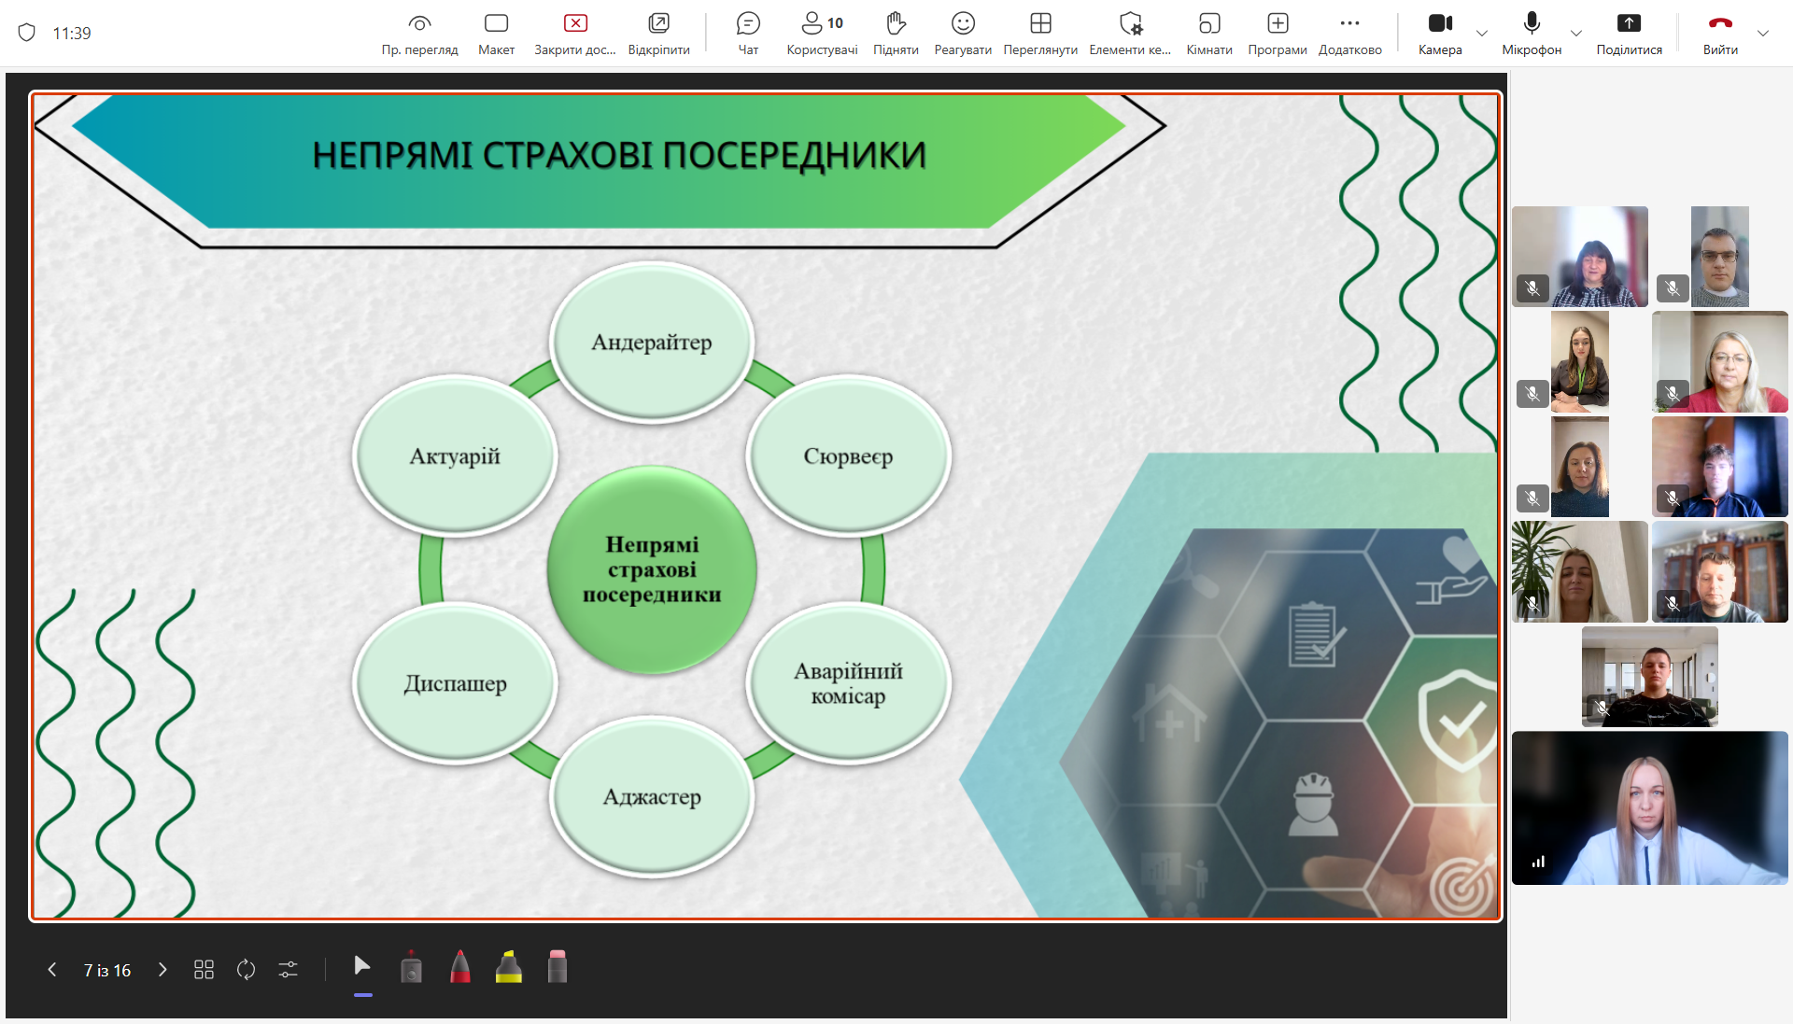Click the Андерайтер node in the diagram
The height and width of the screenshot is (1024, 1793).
point(652,343)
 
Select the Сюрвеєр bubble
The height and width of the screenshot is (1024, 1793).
point(848,456)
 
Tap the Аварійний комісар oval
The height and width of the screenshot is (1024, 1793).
point(848,683)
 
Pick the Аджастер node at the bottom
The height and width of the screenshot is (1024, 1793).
point(652,797)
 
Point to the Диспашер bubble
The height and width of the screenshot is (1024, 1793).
point(455,683)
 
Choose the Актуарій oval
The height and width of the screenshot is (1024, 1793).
point(455,456)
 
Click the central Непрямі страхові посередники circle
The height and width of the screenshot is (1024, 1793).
point(652,569)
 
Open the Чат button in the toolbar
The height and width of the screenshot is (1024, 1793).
point(748,23)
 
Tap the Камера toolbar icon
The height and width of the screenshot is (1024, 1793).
point(1440,23)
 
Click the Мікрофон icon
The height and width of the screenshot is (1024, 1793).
point(1532,23)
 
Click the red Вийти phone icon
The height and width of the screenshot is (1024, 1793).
point(1720,23)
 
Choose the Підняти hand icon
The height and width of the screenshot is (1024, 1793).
point(896,23)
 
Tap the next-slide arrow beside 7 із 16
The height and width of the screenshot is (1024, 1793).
point(162,970)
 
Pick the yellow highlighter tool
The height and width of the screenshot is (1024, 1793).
point(509,967)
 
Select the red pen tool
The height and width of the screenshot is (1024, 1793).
point(460,967)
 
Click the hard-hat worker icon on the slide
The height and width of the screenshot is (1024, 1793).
point(1313,804)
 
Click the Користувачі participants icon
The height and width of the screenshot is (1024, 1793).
point(812,23)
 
